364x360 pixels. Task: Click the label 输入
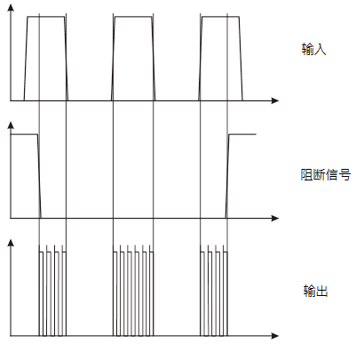(313, 49)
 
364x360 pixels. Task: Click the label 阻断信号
(326, 175)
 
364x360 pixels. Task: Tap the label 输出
(315, 291)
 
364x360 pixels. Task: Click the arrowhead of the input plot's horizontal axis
(275, 100)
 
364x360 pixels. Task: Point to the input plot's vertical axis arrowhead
(11, 8)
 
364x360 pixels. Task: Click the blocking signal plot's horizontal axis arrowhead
(275, 219)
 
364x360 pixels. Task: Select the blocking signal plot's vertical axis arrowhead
(11, 125)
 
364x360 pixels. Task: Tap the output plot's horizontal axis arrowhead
(275, 336)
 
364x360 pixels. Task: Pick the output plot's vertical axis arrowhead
(11, 243)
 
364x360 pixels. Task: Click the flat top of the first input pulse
(46, 17)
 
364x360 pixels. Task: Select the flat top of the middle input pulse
(133, 17)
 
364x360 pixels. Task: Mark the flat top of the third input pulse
(220, 17)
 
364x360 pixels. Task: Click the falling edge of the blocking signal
(39, 176)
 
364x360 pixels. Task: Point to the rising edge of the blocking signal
(227, 176)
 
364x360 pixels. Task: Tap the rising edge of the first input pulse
(26, 59)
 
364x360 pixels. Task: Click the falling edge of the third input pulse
(241, 59)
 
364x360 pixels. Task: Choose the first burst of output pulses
(52, 291)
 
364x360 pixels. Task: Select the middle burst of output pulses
(133, 291)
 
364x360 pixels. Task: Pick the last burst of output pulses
(214, 291)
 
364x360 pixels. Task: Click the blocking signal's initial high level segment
(24, 134)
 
